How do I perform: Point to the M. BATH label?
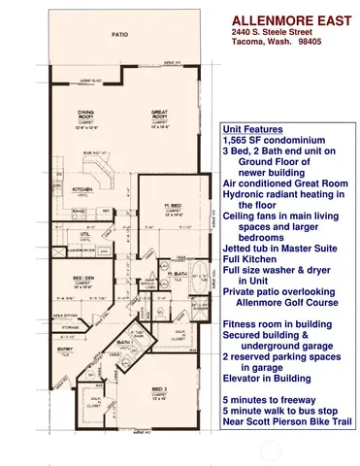pyautogui.click(x=177, y=275)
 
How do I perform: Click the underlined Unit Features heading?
pyautogui.click(x=252, y=129)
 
